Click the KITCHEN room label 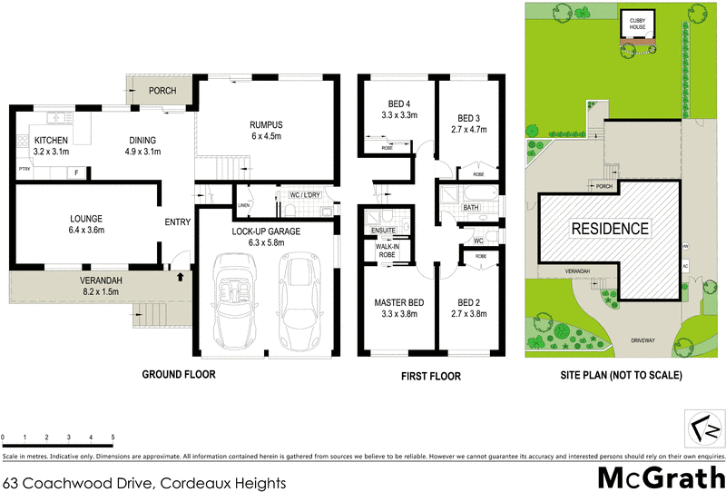[52, 141]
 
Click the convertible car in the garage [233, 291]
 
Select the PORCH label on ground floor [162, 91]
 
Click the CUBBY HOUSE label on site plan [633, 22]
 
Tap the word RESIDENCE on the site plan [609, 230]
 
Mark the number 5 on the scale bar [113, 437]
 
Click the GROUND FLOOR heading [178, 375]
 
